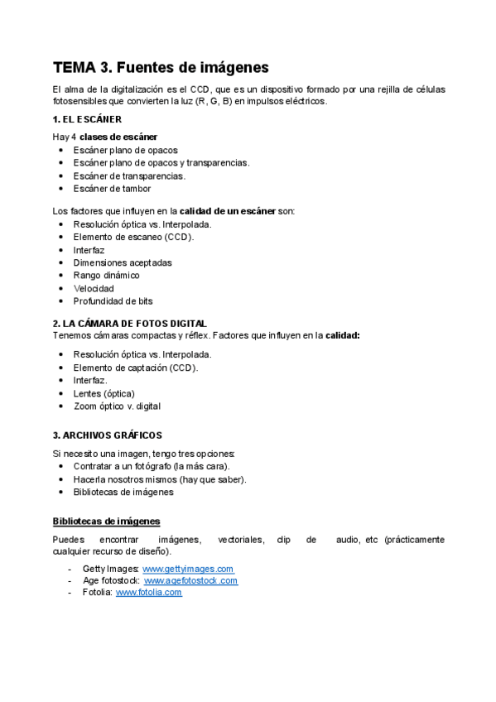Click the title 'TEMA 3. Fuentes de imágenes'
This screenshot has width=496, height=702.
point(161,67)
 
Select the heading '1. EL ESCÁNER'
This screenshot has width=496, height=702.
point(87,119)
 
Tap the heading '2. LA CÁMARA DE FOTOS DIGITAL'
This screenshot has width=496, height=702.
point(129,323)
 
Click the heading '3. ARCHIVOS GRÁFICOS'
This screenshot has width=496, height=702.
point(107,435)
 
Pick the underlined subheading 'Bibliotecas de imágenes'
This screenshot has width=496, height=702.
point(106,521)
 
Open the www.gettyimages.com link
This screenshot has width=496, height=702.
point(188,569)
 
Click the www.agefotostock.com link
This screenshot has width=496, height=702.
point(190,580)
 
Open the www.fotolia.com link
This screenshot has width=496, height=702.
point(148,592)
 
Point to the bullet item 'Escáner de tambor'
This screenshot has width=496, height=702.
point(112,188)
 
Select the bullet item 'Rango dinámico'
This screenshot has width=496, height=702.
point(106,275)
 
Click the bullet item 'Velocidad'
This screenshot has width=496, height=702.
point(94,288)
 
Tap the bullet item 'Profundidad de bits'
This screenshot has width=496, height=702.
point(113,301)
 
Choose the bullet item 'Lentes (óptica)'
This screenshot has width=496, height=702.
point(104,393)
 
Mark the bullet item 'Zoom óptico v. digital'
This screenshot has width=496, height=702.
point(117,406)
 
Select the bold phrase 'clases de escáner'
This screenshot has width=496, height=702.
point(118,137)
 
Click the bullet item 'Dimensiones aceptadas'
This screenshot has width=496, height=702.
point(123,262)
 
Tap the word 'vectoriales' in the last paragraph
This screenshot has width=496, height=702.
point(240,539)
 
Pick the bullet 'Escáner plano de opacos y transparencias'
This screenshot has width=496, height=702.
point(161,162)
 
